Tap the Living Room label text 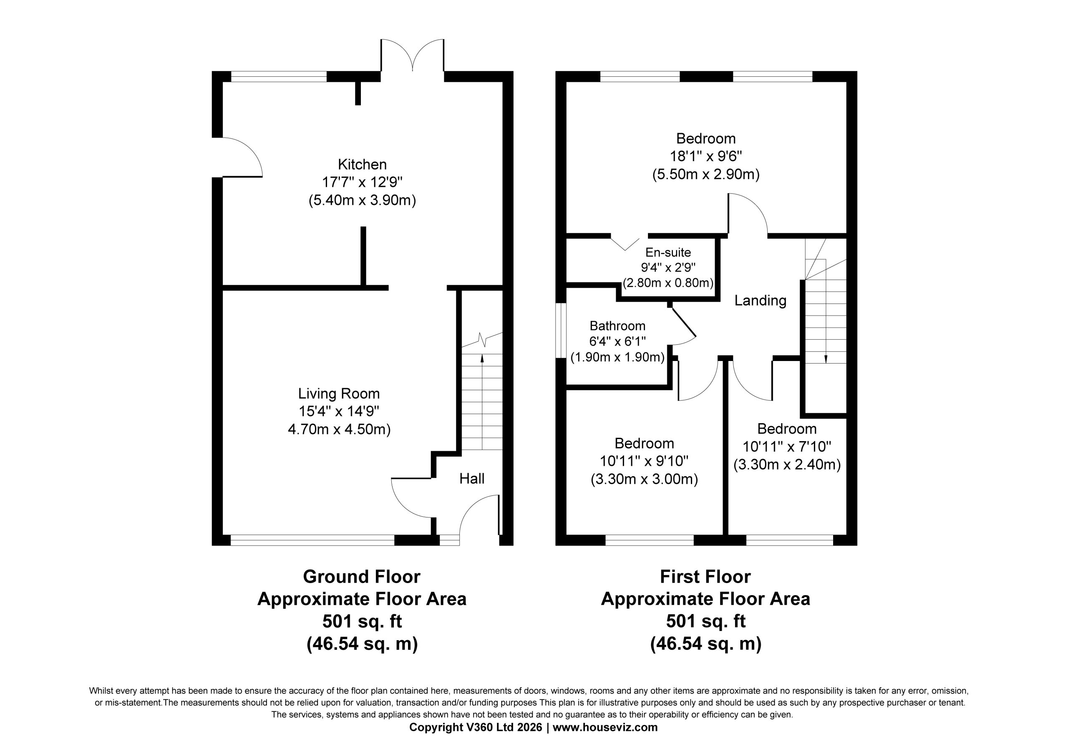[339, 394]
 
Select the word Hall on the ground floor [472, 479]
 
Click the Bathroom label [617, 326]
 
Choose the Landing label [760, 300]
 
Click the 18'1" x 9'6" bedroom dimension [705, 156]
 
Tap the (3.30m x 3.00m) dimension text [644, 480]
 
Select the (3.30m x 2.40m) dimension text [787, 465]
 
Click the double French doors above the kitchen [412, 56]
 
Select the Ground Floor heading [361, 577]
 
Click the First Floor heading [705, 577]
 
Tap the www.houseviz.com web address [605, 727]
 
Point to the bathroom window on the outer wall [561, 331]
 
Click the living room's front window [312, 540]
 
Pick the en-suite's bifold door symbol [625, 244]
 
